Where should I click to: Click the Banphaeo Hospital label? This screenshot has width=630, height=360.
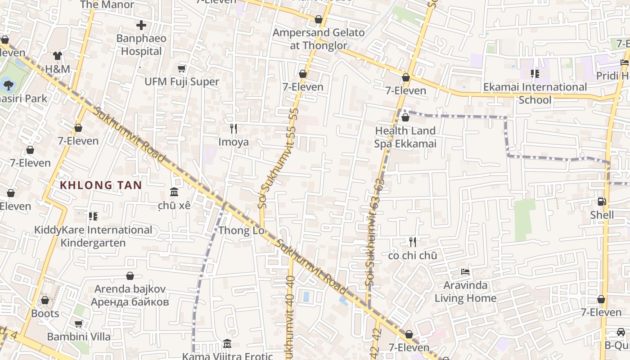coord(141,45)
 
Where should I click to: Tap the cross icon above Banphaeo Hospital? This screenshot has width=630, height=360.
coord(141,25)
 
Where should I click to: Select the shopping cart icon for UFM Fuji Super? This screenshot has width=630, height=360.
coord(182,68)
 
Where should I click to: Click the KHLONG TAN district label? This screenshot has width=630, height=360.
coord(101,185)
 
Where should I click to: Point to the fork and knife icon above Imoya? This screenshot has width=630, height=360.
coord(233,129)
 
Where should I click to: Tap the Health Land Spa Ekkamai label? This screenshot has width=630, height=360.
coord(405,137)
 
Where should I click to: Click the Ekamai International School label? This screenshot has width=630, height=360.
coord(535,93)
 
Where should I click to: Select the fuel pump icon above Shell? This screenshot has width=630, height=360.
coord(602,202)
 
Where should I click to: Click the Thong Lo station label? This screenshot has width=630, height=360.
coord(241,231)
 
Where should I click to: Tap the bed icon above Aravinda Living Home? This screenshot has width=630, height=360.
coord(465,272)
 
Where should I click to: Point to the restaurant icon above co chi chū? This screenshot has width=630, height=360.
coord(413,242)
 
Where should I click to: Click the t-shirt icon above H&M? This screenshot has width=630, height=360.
coord(58,56)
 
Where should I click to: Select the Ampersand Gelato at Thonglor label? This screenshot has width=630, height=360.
coord(319,39)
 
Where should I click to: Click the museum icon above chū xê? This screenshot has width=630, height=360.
coord(174,192)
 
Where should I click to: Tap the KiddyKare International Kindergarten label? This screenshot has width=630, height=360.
coord(93,236)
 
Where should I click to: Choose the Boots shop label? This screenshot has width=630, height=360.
coord(45,313)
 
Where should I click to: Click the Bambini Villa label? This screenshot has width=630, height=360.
coord(79,337)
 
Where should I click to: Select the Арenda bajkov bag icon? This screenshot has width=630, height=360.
coord(130,276)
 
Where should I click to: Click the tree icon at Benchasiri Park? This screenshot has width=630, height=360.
coord(8,85)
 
